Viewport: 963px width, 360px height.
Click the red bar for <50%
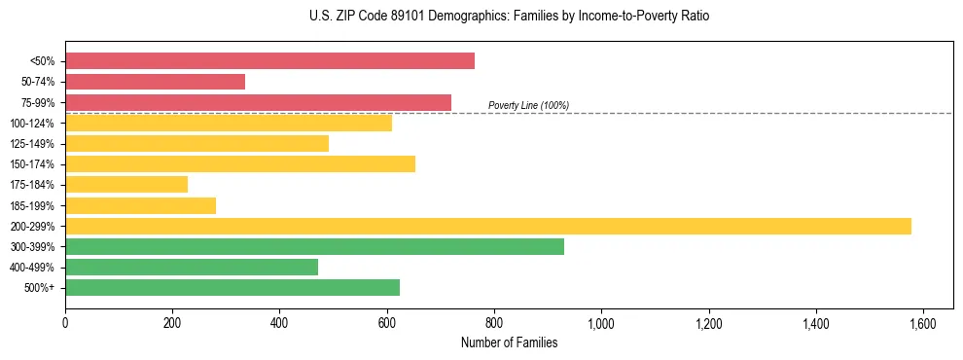point(269,61)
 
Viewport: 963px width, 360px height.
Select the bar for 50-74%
point(155,82)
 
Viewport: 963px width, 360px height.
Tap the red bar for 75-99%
point(258,102)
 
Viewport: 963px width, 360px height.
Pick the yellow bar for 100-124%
point(229,123)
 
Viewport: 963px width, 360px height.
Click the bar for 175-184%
point(126,185)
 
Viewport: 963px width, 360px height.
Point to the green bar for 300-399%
point(314,247)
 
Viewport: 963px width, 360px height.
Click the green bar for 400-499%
point(192,268)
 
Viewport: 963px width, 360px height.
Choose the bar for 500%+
point(232,288)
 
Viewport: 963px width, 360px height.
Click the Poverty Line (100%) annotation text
point(528,105)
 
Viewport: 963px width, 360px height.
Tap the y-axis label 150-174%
point(32,164)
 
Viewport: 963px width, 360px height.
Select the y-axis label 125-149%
point(32,144)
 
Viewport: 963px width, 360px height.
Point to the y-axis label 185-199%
point(32,206)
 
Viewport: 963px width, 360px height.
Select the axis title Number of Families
point(509,342)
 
